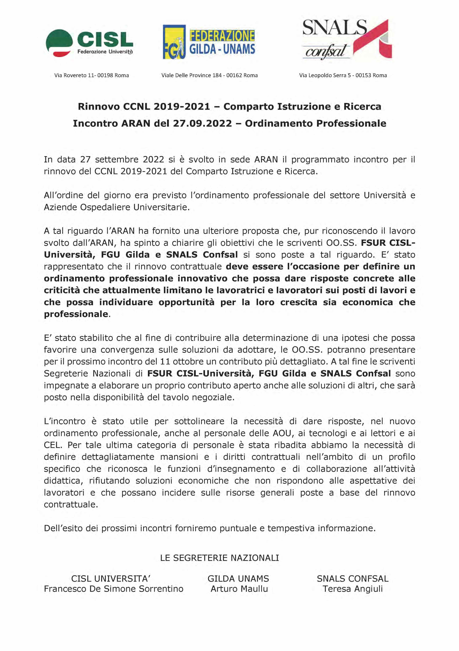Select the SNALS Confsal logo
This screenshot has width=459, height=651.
coord(347,40)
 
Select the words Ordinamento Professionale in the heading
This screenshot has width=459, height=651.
coord(315,123)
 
